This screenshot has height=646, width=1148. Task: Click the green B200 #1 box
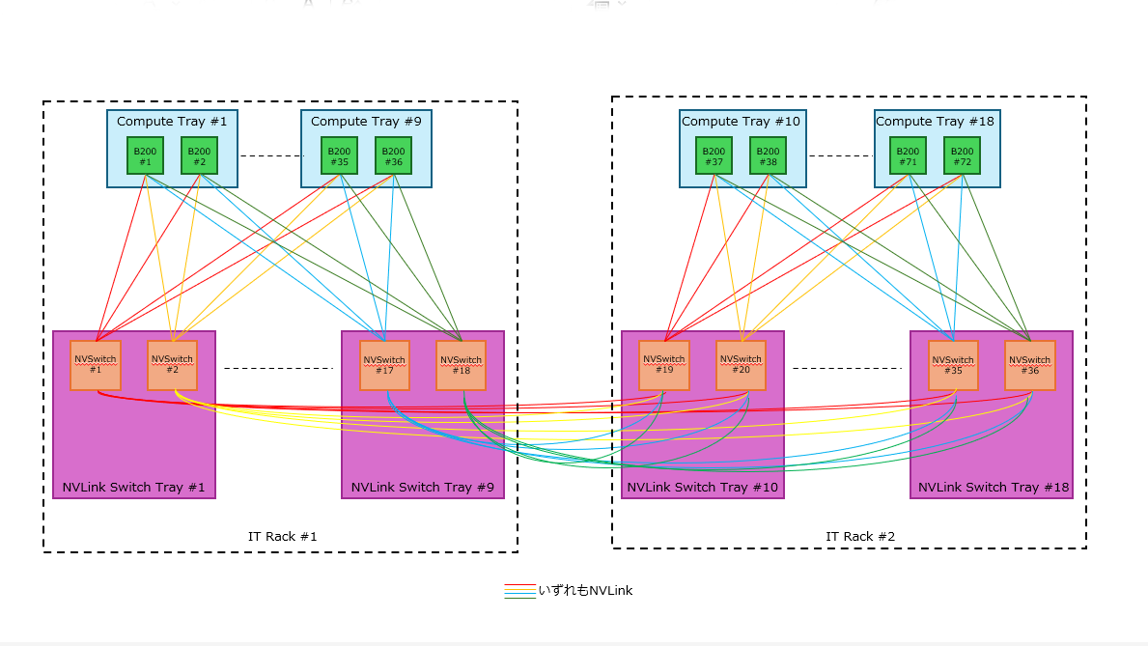coord(146,155)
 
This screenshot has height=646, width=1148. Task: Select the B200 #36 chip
coord(393,155)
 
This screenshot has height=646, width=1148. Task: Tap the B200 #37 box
coord(714,155)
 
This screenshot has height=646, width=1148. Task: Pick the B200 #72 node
coord(962,155)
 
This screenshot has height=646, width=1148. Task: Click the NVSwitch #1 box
coord(95,365)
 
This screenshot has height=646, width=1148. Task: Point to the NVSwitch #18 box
coord(461,365)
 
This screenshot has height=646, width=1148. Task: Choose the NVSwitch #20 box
coord(741,365)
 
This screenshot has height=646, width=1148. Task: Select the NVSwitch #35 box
coord(953,365)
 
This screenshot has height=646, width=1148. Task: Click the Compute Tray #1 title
coord(172,122)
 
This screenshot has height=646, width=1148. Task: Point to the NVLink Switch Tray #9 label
coord(423,488)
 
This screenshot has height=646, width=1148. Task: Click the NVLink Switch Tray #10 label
coord(702,488)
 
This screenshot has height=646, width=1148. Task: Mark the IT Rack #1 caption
coord(282,537)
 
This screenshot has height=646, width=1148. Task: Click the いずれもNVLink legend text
coord(585,590)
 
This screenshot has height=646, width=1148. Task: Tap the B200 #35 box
coord(339,155)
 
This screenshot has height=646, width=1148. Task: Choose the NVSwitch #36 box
coord(1029,365)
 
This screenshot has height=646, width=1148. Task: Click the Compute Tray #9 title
coord(366,122)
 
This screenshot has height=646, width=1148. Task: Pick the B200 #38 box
coord(768,155)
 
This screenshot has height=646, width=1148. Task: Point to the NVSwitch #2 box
coord(172,365)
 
